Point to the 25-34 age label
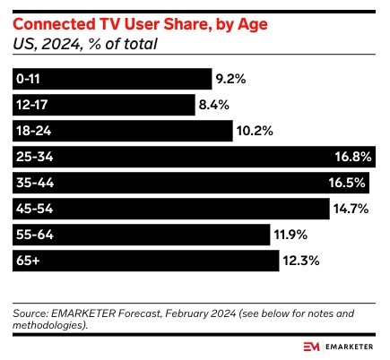point(31,157)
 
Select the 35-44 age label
point(31,183)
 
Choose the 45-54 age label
point(31,209)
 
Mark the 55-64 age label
point(31,235)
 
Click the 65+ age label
point(27,261)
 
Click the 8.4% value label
point(216,105)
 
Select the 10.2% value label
point(255,131)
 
